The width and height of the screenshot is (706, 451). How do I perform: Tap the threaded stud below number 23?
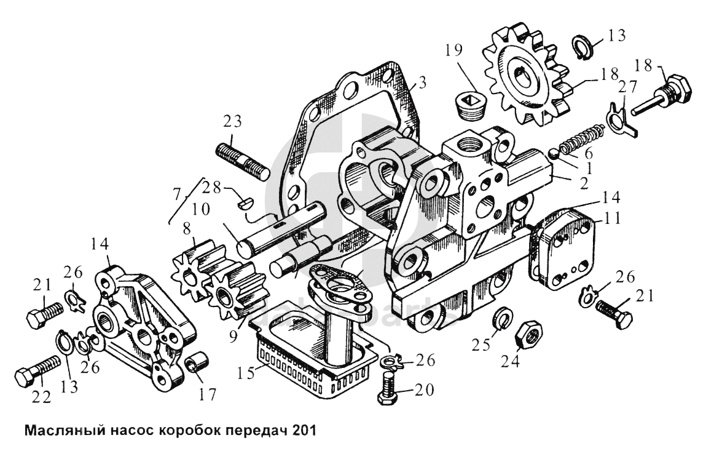(x=241, y=161)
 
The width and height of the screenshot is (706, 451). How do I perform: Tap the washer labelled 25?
(x=503, y=317)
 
